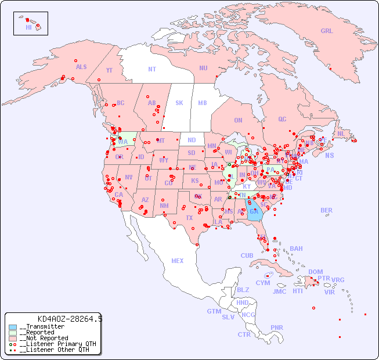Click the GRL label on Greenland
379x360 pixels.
(327, 31)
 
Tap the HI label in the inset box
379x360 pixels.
(28, 27)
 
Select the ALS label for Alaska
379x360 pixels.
(81, 67)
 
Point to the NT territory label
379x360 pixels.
(152, 69)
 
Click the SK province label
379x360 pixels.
(179, 103)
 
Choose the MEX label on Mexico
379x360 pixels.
(178, 261)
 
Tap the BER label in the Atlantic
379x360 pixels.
(327, 210)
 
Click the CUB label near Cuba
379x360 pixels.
(247, 255)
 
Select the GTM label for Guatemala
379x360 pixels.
(214, 311)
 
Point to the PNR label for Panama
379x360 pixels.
(277, 327)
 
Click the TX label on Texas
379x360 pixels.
(189, 218)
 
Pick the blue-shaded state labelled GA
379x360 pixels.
(254, 212)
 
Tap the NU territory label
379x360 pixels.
(203, 68)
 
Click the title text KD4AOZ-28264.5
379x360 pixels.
(70, 319)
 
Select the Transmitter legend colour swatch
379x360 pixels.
(13, 327)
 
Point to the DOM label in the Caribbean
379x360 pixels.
(315, 272)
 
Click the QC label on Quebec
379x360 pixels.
(282, 119)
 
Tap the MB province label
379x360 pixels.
(203, 103)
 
